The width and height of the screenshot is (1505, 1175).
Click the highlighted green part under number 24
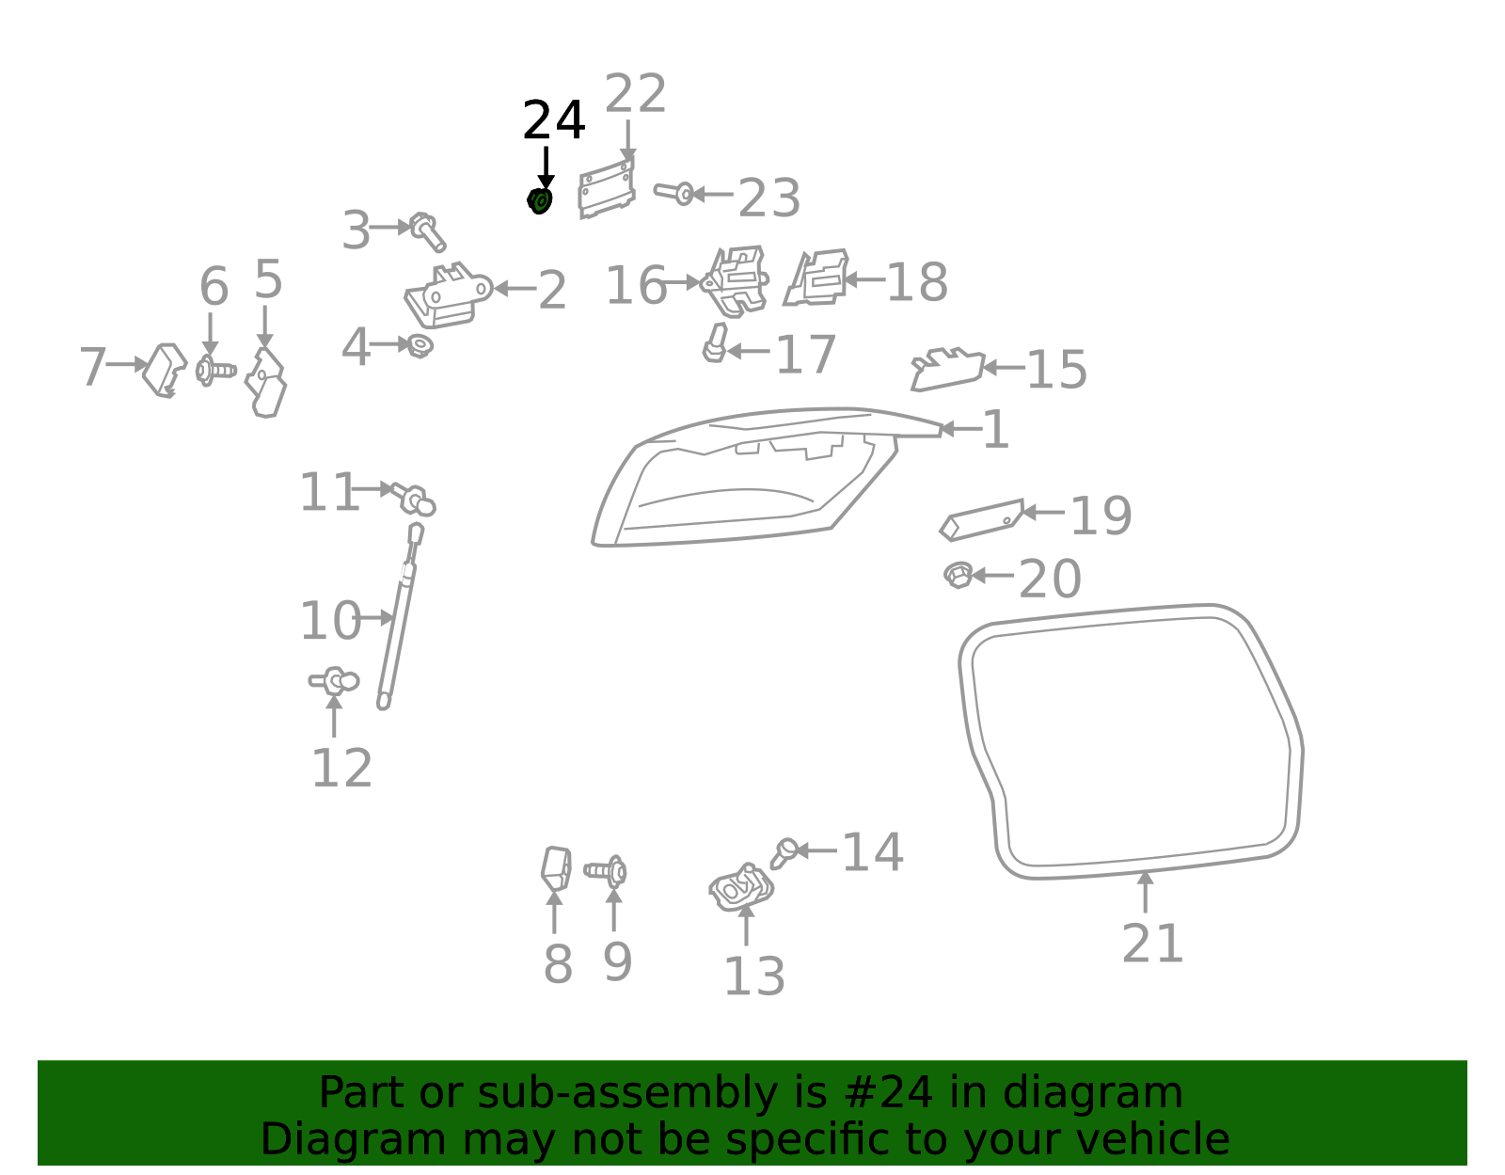pyautogui.click(x=539, y=200)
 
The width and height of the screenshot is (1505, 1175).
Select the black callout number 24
pyautogui.click(x=553, y=121)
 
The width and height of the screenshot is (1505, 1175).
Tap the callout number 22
pyautogui.click(x=635, y=94)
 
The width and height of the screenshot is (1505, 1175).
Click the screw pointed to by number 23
pyautogui.click(x=674, y=194)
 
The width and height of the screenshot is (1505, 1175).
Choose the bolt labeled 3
pyautogui.click(x=427, y=230)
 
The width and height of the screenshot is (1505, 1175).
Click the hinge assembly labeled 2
pyautogui.click(x=447, y=294)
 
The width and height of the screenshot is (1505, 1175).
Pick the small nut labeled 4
pyautogui.click(x=419, y=346)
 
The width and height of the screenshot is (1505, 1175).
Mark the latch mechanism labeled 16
pyautogui.click(x=735, y=280)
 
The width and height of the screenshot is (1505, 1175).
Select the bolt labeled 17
pyautogui.click(x=715, y=343)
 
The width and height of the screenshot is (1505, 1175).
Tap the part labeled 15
pyautogui.click(x=946, y=369)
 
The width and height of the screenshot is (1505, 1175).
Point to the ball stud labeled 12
pyautogui.click(x=335, y=680)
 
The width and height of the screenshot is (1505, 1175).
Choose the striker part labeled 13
pyautogui.click(x=741, y=887)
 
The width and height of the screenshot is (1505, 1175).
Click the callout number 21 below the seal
pyautogui.click(x=1152, y=944)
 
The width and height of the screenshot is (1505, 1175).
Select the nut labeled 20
pyautogui.click(x=958, y=575)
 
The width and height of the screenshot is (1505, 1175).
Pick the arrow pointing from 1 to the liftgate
pyautogui.click(x=959, y=430)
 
